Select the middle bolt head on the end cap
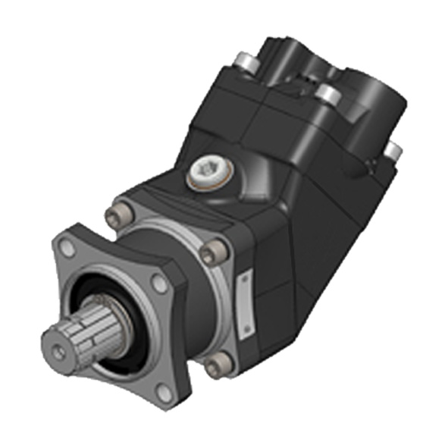327,93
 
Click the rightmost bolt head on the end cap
393,150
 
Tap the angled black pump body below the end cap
303,227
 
